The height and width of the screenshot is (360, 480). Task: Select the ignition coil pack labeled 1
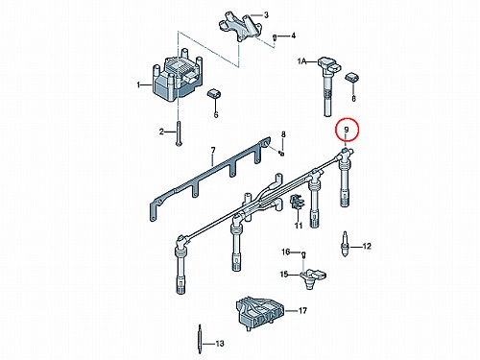pos(178,76)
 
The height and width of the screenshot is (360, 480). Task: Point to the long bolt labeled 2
pos(178,133)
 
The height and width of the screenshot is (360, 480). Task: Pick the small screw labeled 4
pos(275,37)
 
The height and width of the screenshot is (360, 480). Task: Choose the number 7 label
pos(213,150)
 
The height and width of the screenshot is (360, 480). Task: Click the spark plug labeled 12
pos(345,245)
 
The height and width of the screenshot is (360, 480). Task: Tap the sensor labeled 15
pos(313,277)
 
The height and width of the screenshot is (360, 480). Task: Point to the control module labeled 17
pos(259,313)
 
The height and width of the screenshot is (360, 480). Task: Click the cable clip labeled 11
pos(296,203)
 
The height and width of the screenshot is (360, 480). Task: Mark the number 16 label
pos(286,252)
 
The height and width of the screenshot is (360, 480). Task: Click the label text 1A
pos(301,61)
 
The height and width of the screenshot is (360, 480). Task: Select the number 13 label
pos(220,344)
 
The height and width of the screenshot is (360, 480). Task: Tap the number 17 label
pos(302,310)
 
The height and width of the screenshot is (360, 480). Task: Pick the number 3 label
pos(266,14)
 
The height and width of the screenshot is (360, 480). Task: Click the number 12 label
pos(367,246)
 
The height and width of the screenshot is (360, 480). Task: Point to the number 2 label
pos(161,132)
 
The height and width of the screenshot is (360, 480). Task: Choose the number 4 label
pos(294,36)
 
